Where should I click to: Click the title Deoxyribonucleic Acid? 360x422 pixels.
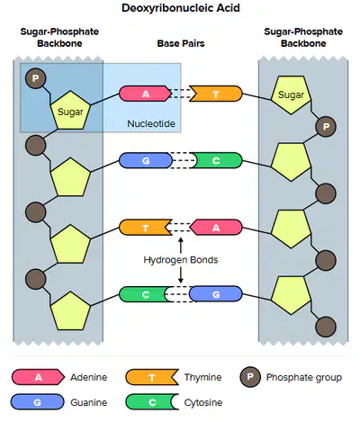[181, 8]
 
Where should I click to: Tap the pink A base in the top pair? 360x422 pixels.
[145, 94]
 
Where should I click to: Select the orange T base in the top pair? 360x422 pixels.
[216, 94]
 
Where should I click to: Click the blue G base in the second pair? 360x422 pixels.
[146, 160]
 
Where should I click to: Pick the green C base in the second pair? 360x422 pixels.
[217, 160]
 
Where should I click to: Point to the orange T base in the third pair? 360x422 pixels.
[146, 228]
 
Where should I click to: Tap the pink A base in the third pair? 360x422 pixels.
[216, 228]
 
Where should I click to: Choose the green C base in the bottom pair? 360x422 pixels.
[144, 294]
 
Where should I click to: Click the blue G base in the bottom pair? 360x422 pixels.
[216, 294]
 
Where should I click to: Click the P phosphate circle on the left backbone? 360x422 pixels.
[35, 78]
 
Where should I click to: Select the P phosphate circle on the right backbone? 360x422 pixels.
[326, 126]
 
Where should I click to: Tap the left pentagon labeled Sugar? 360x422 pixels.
[70, 111]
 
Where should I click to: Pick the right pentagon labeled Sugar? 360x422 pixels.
[291, 94]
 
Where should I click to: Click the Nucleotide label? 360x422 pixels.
[151, 123]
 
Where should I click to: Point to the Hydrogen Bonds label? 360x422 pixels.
[181, 260]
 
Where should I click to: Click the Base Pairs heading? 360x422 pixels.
[181, 43]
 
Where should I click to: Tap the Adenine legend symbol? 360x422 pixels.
[38, 377]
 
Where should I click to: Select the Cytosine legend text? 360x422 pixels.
[203, 402]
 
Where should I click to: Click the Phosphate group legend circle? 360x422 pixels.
[250, 377]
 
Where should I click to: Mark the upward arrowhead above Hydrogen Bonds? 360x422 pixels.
[181, 240]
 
